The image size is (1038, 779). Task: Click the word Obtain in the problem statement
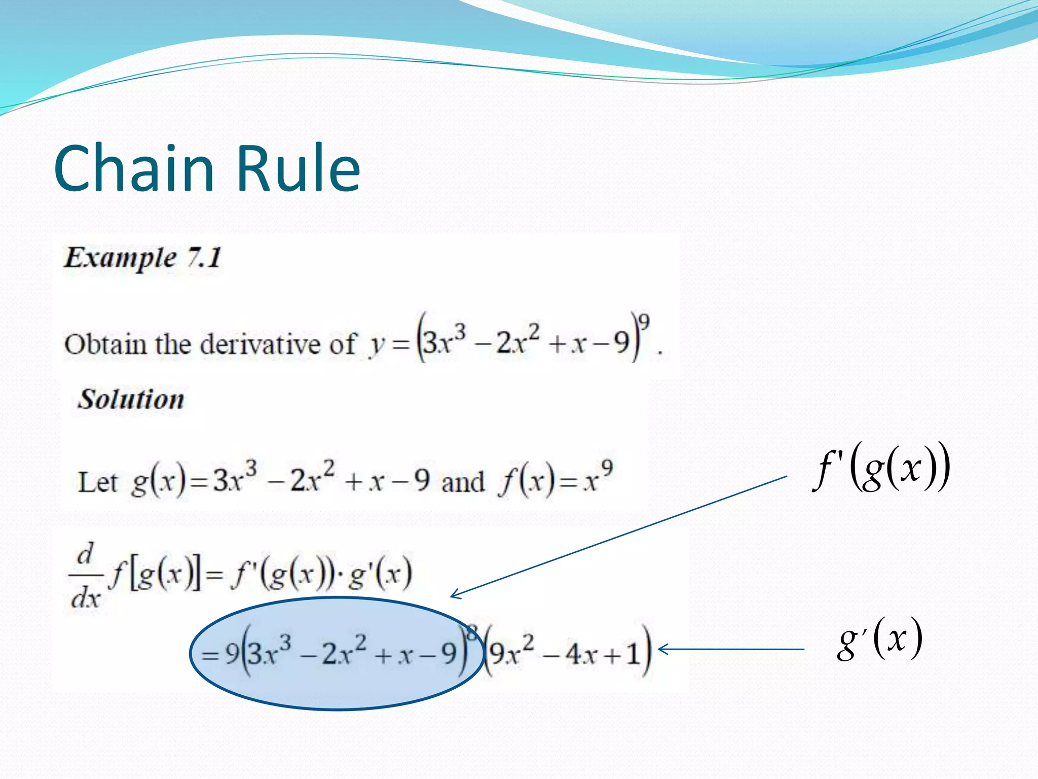tap(105, 344)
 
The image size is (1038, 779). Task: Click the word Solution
tap(131, 399)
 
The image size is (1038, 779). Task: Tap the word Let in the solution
tap(97, 482)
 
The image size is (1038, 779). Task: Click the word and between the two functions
tap(463, 482)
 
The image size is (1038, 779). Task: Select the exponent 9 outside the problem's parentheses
tap(644, 322)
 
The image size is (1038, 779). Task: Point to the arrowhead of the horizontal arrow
tap(661, 649)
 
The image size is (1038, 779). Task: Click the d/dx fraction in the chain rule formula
tap(85, 576)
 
